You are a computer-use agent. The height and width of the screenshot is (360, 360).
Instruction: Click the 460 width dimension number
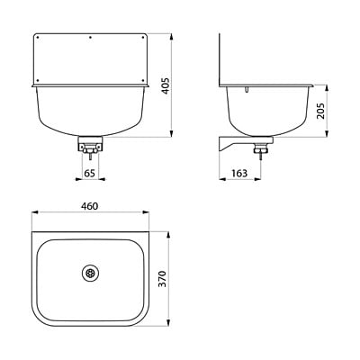[x=89, y=206]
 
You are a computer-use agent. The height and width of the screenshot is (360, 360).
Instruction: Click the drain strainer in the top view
[x=90, y=273]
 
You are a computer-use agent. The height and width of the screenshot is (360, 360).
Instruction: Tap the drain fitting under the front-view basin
[x=90, y=144]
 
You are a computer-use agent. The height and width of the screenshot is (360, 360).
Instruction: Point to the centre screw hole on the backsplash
[x=90, y=38]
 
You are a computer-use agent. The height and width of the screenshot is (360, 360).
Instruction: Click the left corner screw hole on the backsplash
[x=38, y=38]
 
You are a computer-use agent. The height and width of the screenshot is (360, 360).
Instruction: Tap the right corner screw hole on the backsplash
[x=142, y=38]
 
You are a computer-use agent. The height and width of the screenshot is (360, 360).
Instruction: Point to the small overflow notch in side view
[x=248, y=90]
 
